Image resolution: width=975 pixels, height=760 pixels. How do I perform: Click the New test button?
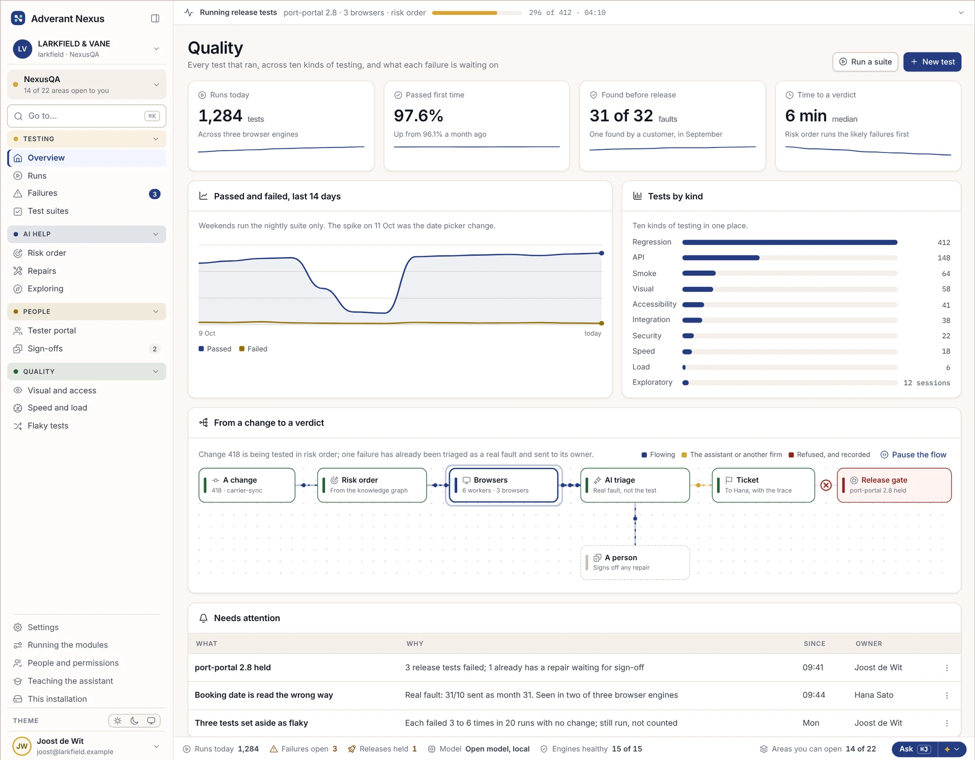[x=932, y=62]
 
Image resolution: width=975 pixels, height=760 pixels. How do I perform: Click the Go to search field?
[x=87, y=116]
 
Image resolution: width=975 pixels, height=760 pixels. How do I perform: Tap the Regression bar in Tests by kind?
[x=790, y=242]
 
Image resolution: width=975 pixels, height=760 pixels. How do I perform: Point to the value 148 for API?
[x=944, y=258]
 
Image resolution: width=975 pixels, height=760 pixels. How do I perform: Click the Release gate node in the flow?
[x=894, y=485]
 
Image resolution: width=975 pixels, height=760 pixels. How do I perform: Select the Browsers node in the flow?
[x=504, y=485]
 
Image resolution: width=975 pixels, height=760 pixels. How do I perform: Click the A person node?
[x=635, y=562]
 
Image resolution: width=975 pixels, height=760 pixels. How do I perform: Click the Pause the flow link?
[x=914, y=455]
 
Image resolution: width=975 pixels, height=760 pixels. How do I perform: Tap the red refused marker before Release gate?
[x=826, y=485]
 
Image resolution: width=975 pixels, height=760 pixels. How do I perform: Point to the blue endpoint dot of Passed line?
[x=602, y=253]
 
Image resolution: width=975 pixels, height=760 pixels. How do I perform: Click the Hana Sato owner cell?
[x=874, y=695]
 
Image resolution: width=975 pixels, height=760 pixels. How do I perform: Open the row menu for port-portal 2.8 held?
[x=947, y=668]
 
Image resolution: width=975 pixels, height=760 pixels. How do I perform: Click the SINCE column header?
[x=814, y=644]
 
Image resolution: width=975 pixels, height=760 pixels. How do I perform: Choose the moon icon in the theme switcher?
[x=135, y=721]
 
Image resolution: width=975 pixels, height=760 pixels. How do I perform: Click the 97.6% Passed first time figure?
[x=418, y=116]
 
